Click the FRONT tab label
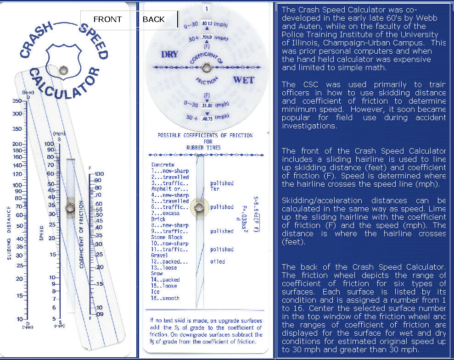pyautogui.click(x=107, y=19)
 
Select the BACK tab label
pyautogui.click(x=153, y=19)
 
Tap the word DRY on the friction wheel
pyautogui.click(x=169, y=55)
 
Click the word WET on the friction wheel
pyautogui.click(x=243, y=80)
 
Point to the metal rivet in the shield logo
pyautogui.click(x=63, y=70)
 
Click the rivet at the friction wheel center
pyautogui.click(x=206, y=68)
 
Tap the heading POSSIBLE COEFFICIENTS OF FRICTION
pyautogui.click(x=205, y=136)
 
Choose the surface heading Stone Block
pyautogui.click(x=167, y=238)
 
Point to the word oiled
pyautogui.click(x=218, y=262)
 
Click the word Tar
pyautogui.click(x=215, y=189)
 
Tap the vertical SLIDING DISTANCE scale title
pyautogui.click(x=9, y=233)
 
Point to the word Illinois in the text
pyautogui.click(x=296, y=43)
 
